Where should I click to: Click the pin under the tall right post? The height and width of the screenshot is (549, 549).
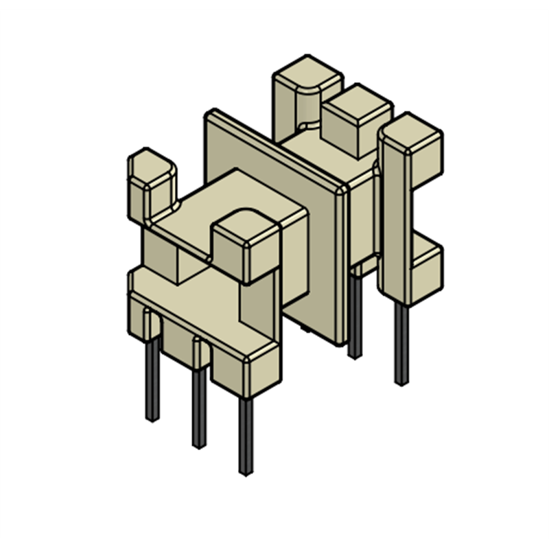[x=401, y=343]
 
